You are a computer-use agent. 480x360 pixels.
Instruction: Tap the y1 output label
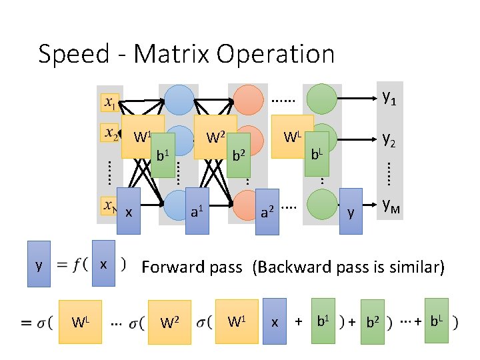click(x=389, y=98)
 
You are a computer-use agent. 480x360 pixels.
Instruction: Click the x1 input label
click(x=111, y=102)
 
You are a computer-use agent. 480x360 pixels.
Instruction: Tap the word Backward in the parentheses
click(x=291, y=267)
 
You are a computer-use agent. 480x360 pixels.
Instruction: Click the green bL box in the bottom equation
click(x=436, y=321)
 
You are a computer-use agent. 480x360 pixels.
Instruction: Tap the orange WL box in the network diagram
click(x=292, y=137)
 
